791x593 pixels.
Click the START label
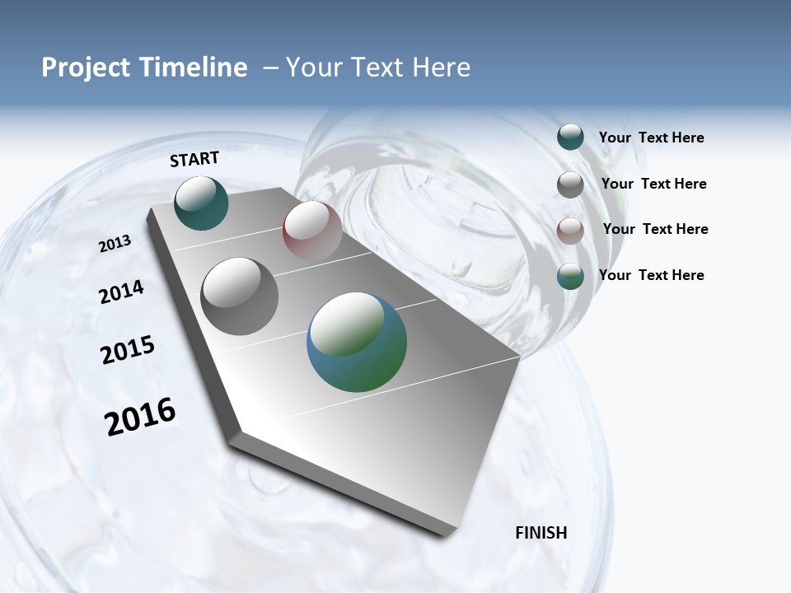(x=194, y=159)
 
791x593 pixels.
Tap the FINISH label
(x=541, y=533)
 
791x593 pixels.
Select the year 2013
(x=115, y=244)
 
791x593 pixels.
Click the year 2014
(x=121, y=292)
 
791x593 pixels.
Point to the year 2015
(x=128, y=350)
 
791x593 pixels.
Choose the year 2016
(x=140, y=417)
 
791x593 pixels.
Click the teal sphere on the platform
(x=201, y=203)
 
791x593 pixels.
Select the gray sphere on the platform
(x=240, y=296)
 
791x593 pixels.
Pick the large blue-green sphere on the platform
(x=357, y=342)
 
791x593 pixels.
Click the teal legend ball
(x=570, y=138)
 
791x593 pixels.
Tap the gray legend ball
(x=570, y=184)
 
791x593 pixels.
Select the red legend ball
(x=570, y=230)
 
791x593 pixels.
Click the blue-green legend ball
(x=570, y=276)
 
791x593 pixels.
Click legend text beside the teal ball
(x=651, y=138)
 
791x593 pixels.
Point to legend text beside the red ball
(x=655, y=229)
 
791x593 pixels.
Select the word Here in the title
(x=441, y=68)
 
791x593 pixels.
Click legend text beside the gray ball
(x=653, y=184)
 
